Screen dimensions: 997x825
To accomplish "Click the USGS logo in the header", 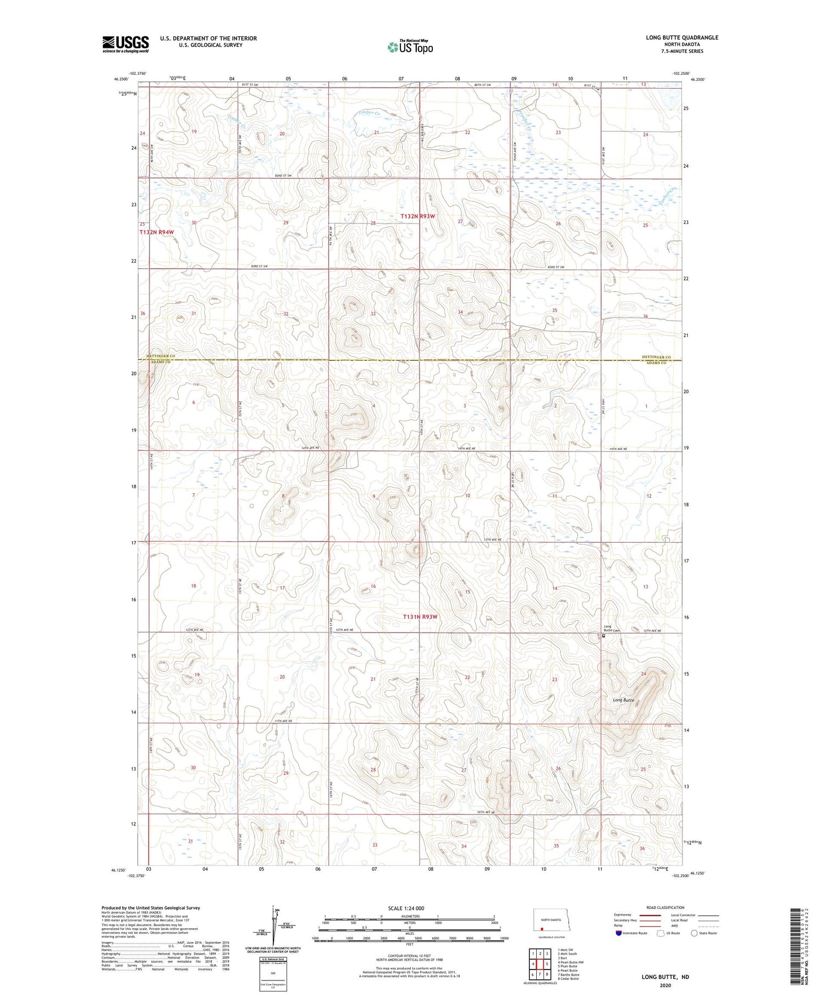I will coord(125,44).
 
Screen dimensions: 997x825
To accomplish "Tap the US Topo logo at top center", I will coord(410,47).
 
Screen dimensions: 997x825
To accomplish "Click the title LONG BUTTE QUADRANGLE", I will coord(682,37).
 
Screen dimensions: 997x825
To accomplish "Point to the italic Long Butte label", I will coord(624,700).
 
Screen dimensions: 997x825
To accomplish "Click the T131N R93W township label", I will coord(420,617).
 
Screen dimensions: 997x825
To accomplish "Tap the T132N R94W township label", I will coord(156,233).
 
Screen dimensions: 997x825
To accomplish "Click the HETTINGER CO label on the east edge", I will coord(656,357).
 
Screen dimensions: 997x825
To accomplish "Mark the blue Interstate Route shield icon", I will coord(619,933).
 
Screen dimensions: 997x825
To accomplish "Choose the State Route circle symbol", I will coord(694,933).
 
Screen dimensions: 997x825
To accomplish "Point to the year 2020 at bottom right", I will coord(665,985).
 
